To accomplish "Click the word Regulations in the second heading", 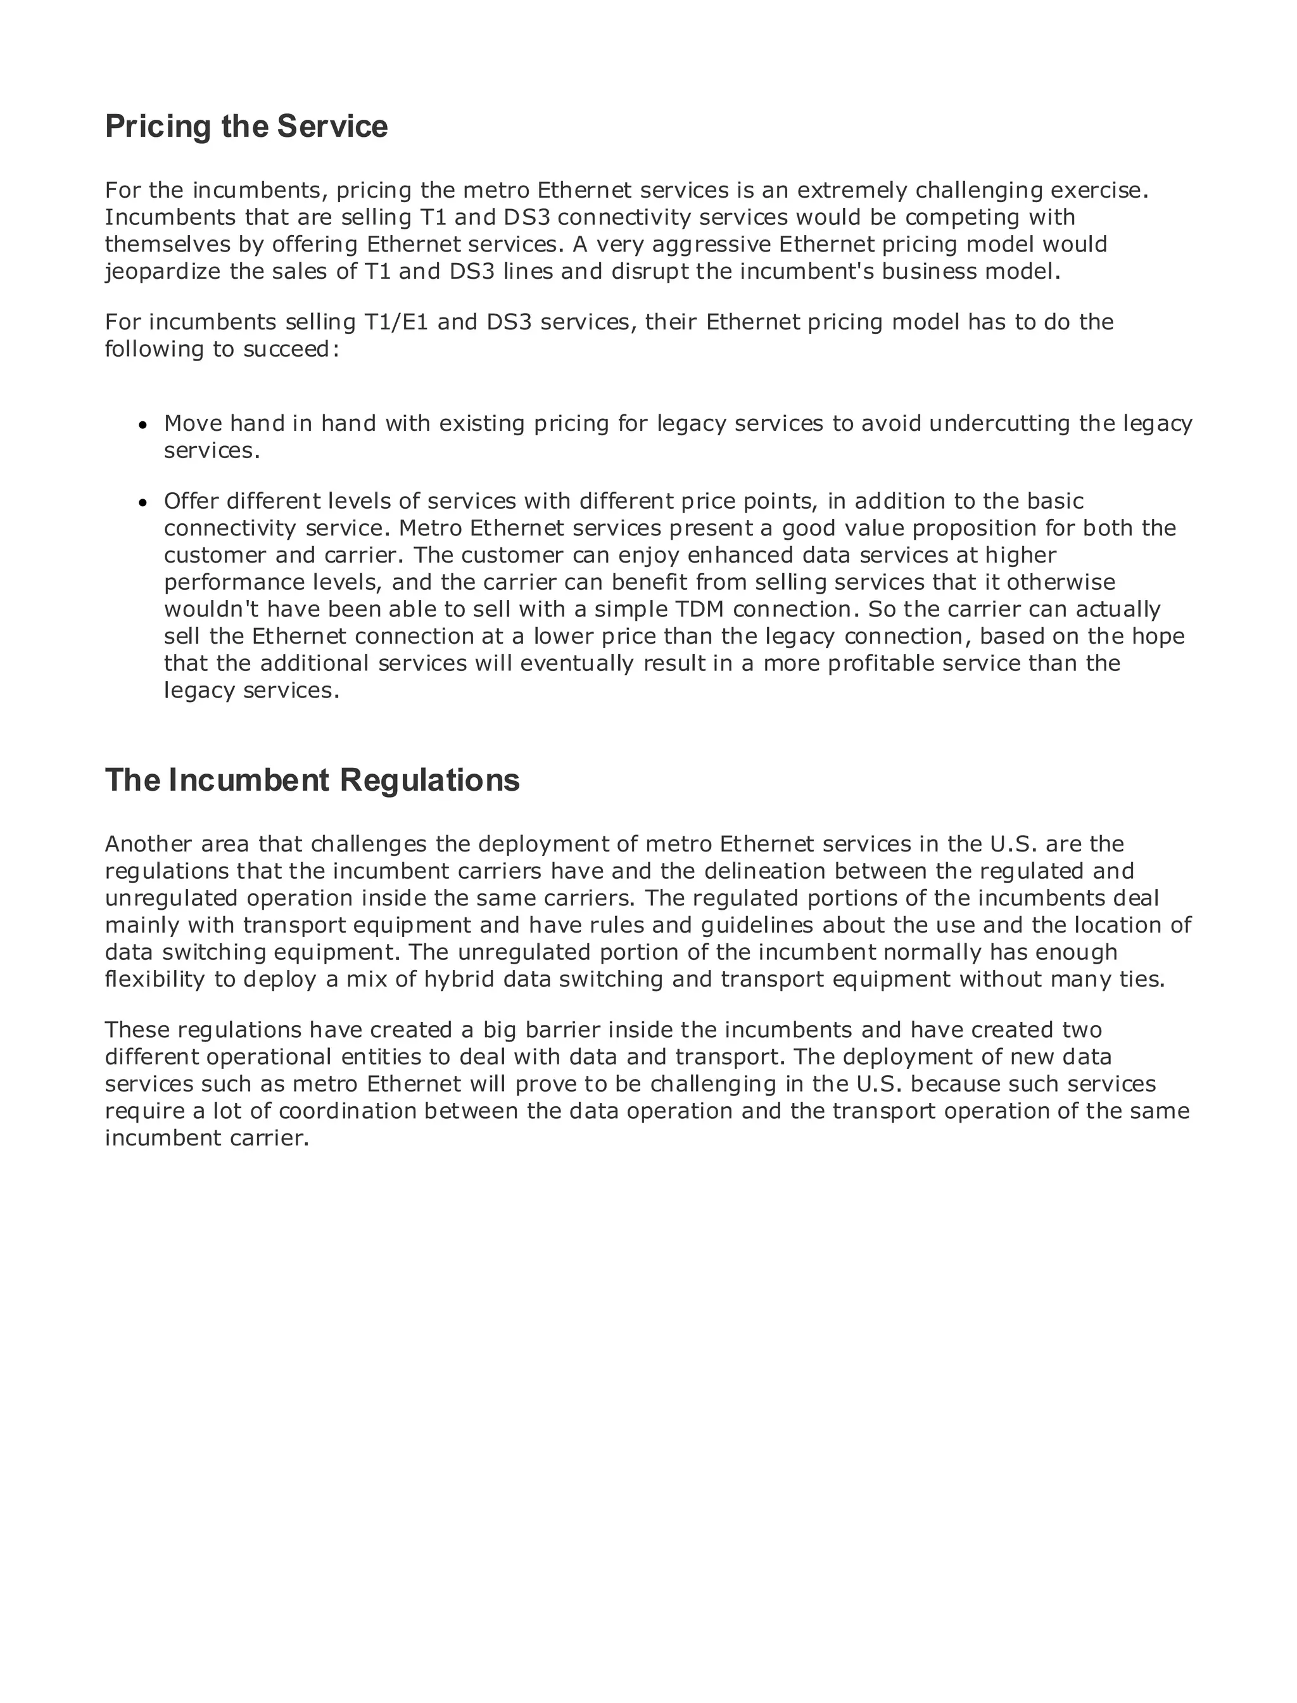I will pyautogui.click(x=429, y=780).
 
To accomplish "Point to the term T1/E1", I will pyautogui.click(x=395, y=322).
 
